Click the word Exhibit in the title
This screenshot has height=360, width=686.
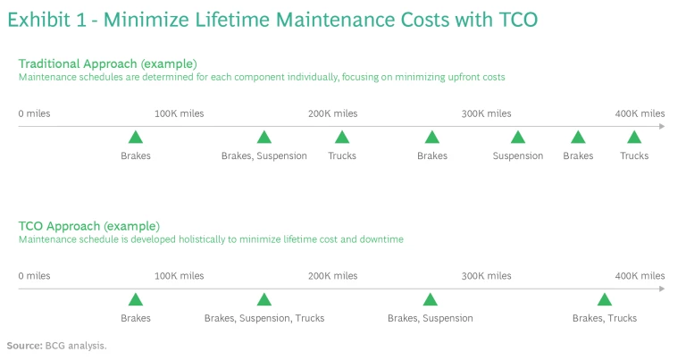[x=39, y=20]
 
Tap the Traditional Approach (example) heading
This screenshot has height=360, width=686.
[x=107, y=63]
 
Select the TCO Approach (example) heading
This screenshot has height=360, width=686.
[x=89, y=226]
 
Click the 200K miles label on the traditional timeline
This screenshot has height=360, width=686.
[x=333, y=113]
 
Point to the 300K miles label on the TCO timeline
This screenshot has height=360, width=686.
[x=487, y=276]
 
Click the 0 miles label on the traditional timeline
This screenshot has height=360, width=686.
[x=34, y=113]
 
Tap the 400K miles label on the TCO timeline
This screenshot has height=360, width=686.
[x=640, y=276]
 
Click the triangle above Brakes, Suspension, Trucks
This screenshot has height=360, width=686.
[x=264, y=300]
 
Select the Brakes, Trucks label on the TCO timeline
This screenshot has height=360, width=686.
[x=605, y=318]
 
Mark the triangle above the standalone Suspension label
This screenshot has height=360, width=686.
[x=518, y=138]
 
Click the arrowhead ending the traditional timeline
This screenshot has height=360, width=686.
[x=662, y=127]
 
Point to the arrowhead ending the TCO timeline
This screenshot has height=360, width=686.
[x=662, y=289]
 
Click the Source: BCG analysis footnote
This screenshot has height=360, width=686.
[x=57, y=346]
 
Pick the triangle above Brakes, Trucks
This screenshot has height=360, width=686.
[x=605, y=300]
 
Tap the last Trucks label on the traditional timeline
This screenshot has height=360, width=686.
[x=634, y=155]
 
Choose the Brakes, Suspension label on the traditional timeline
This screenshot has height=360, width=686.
[x=264, y=155]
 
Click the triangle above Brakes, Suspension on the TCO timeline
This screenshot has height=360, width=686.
[x=431, y=300]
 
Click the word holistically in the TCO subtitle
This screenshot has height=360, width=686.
[x=208, y=239]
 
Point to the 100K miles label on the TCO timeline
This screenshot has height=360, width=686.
[x=180, y=276]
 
